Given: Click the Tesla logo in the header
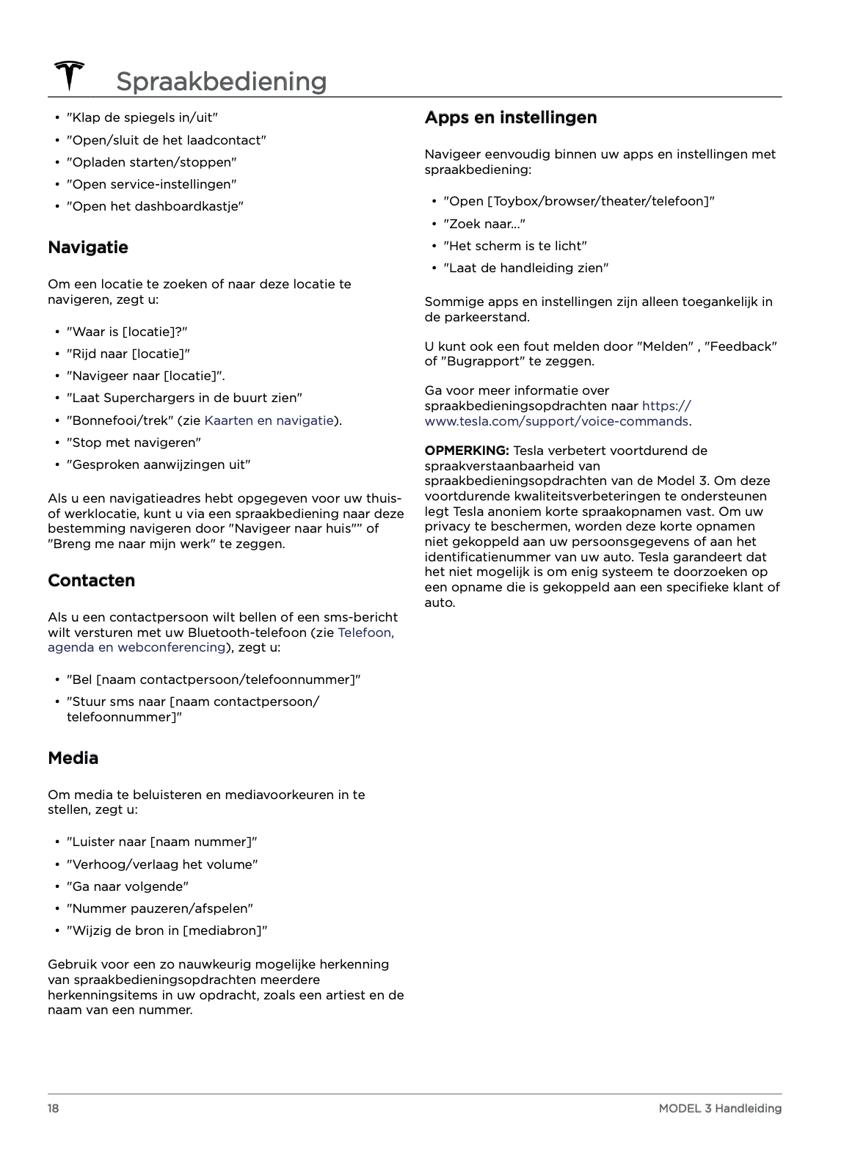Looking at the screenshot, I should [x=69, y=76].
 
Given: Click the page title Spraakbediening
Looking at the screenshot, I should [x=221, y=81].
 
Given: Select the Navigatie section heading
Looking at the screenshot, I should [x=88, y=247].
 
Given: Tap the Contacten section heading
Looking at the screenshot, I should [x=92, y=580].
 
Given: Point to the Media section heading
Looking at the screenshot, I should [x=73, y=758].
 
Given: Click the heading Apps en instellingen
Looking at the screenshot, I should [x=511, y=117].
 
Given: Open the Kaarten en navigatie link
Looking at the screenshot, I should [x=269, y=420].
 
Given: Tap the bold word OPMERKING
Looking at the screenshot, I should [x=467, y=451].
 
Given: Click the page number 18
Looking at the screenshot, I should [x=54, y=1108].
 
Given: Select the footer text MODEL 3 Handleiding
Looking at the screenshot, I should [x=720, y=1108].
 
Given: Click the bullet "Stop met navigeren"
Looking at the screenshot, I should [x=134, y=442].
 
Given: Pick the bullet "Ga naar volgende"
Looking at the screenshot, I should [x=128, y=886].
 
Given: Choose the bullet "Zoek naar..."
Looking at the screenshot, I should [x=484, y=224].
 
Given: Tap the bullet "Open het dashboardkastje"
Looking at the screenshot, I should [x=155, y=206].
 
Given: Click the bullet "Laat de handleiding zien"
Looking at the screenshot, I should [x=525, y=268].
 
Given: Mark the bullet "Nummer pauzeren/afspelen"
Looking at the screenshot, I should [x=160, y=908].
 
